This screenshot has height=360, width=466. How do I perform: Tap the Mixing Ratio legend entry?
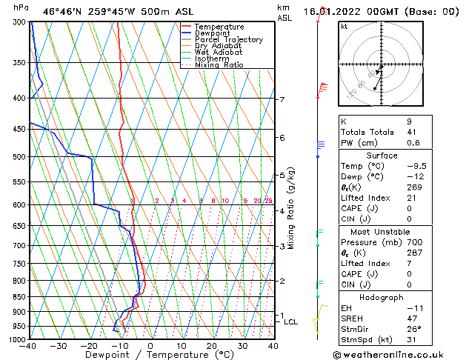[219, 65]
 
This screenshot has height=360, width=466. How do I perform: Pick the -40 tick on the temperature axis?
[28, 346]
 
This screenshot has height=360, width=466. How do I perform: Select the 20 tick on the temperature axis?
[212, 346]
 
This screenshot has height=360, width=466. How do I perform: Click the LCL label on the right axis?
[290, 322]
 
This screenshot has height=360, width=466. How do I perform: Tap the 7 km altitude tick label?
[282, 100]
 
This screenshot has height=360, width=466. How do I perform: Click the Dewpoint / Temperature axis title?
[150, 356]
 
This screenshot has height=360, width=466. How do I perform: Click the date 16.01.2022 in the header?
[334, 11]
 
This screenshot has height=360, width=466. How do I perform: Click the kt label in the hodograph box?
[344, 27]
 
